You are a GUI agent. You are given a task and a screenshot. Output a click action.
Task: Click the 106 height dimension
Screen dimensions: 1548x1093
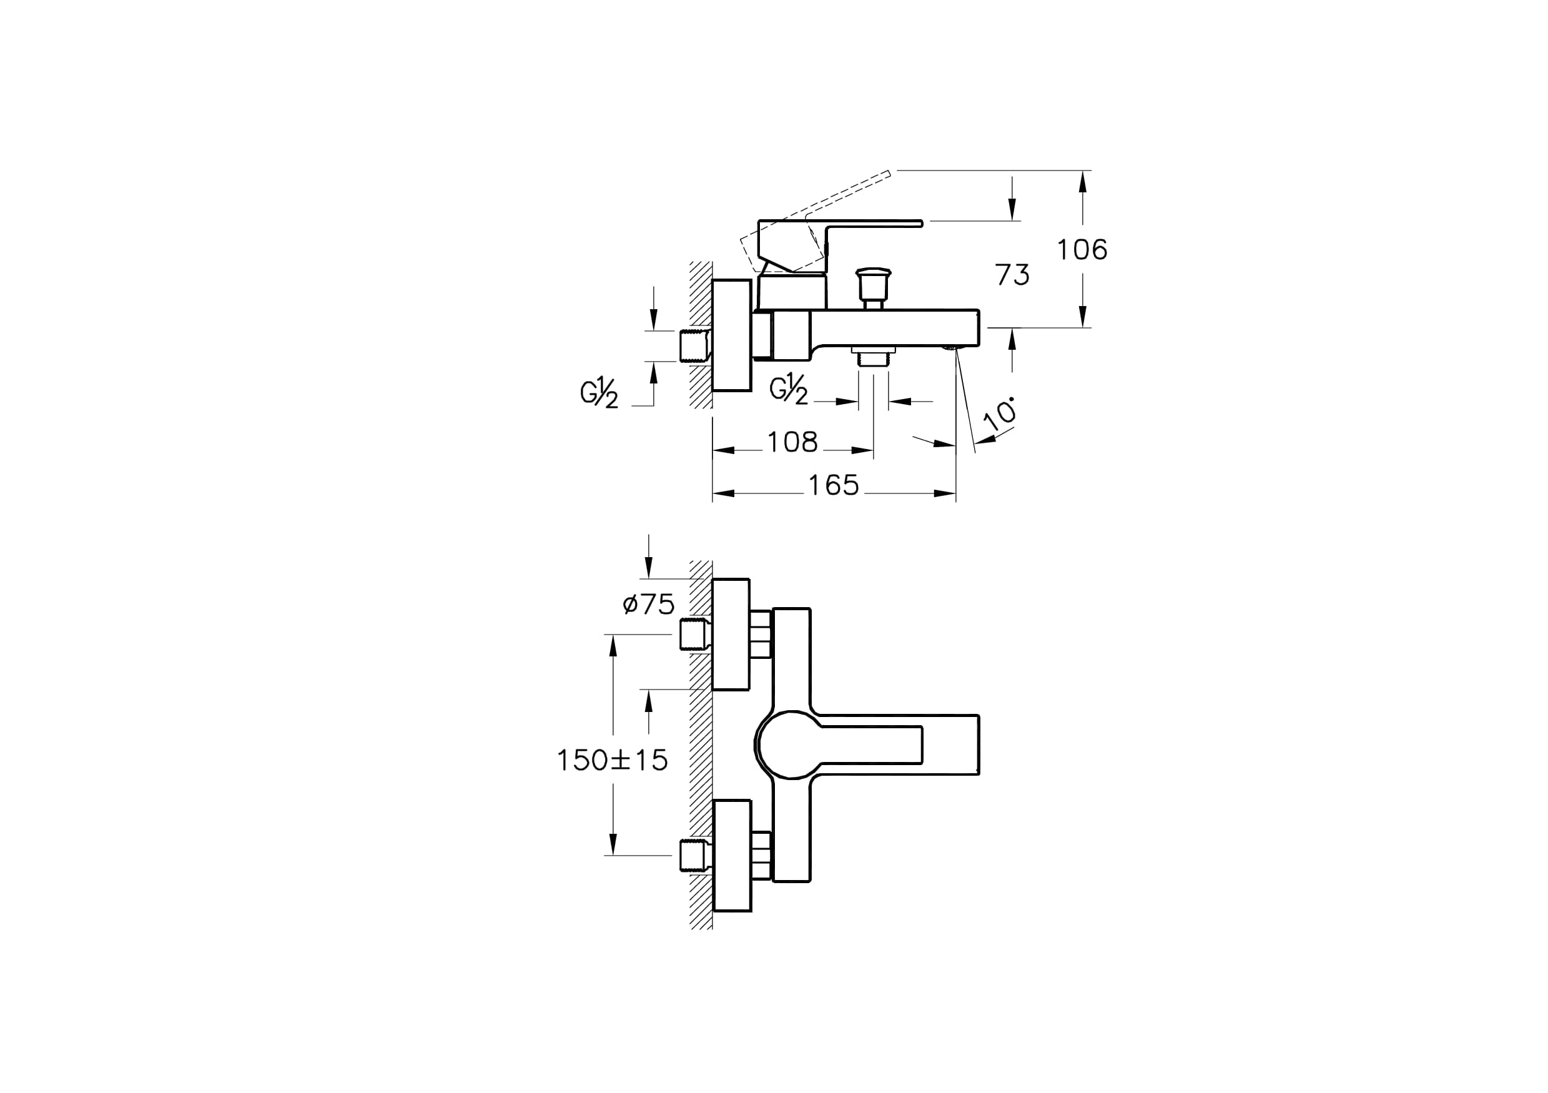click(x=1082, y=250)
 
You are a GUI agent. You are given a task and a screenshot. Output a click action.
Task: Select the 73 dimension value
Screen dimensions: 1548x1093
click(x=1012, y=275)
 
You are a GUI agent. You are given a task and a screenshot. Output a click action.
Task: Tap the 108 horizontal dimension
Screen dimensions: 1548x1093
click(x=792, y=442)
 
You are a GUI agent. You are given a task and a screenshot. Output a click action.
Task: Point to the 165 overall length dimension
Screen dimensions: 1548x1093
click(x=834, y=485)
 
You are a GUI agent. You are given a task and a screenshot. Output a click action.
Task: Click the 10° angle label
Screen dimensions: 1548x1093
click(x=1000, y=413)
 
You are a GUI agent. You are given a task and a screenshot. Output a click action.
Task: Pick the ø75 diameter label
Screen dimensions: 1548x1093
click(x=649, y=604)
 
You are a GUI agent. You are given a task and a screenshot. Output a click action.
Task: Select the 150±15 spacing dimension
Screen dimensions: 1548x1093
click(x=612, y=760)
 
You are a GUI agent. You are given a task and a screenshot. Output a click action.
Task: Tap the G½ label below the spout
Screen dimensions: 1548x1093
click(x=789, y=390)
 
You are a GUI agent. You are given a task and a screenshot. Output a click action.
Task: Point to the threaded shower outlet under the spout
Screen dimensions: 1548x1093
click(x=874, y=356)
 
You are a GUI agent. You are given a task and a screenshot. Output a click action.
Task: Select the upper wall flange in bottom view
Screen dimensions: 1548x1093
click(x=731, y=635)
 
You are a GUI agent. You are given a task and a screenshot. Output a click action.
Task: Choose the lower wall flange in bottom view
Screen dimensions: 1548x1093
click(x=731, y=856)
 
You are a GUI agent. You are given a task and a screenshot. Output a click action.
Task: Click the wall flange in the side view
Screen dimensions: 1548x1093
click(x=731, y=335)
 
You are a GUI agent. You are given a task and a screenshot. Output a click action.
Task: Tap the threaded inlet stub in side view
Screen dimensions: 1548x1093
click(x=694, y=346)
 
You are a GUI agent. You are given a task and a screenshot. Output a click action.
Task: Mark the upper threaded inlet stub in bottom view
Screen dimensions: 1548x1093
click(x=694, y=635)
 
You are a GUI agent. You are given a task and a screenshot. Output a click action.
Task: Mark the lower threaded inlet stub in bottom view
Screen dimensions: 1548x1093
click(x=694, y=856)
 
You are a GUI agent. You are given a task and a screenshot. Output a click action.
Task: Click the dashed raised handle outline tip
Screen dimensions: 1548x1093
click(x=890, y=172)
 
